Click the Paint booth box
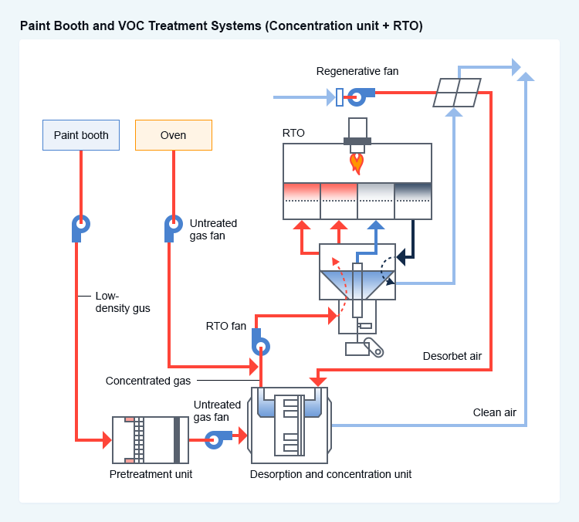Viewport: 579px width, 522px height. click(81, 135)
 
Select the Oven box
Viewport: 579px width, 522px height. click(173, 135)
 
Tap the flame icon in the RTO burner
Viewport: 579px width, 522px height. click(356, 161)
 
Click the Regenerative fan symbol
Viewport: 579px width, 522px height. click(357, 97)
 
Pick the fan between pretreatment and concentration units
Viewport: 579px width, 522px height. click(214, 439)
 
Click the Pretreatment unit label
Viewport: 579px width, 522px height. click(151, 474)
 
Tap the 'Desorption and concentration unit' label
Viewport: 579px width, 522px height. click(330, 474)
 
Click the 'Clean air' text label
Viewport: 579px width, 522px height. click(494, 412)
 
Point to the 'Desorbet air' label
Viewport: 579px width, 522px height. click(452, 356)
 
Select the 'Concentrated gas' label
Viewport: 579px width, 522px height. click(148, 381)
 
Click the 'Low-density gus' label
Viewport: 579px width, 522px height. click(123, 302)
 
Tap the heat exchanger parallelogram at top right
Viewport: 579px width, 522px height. click(455, 93)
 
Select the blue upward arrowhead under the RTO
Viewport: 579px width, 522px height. click(375, 225)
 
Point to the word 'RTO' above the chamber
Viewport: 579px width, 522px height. click(293, 133)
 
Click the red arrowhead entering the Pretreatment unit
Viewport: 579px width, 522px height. click(107, 440)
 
